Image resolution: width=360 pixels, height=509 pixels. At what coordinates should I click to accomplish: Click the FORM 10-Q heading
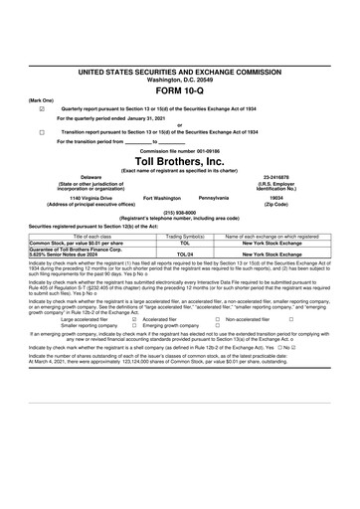pos(180,90)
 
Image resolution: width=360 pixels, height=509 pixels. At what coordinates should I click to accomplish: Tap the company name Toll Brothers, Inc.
pos(180,161)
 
